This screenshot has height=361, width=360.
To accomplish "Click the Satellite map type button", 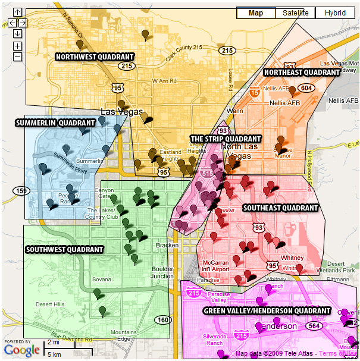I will pos(296,13).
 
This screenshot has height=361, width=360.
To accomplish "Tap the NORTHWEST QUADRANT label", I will pos(95,57).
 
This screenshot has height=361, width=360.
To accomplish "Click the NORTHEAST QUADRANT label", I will pos(301,72).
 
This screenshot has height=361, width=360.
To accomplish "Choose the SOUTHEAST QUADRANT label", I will pos(280,208).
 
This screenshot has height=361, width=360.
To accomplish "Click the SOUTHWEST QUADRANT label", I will pos(64,249).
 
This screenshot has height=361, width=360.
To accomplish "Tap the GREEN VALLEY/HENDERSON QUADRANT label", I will pos(267,310).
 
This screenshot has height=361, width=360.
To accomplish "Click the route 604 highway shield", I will pos(306,87).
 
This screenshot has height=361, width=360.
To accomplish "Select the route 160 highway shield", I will pos(162,320).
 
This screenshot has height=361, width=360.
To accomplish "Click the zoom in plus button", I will pos(17,45).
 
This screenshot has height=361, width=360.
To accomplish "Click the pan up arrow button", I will pos(17,12).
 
